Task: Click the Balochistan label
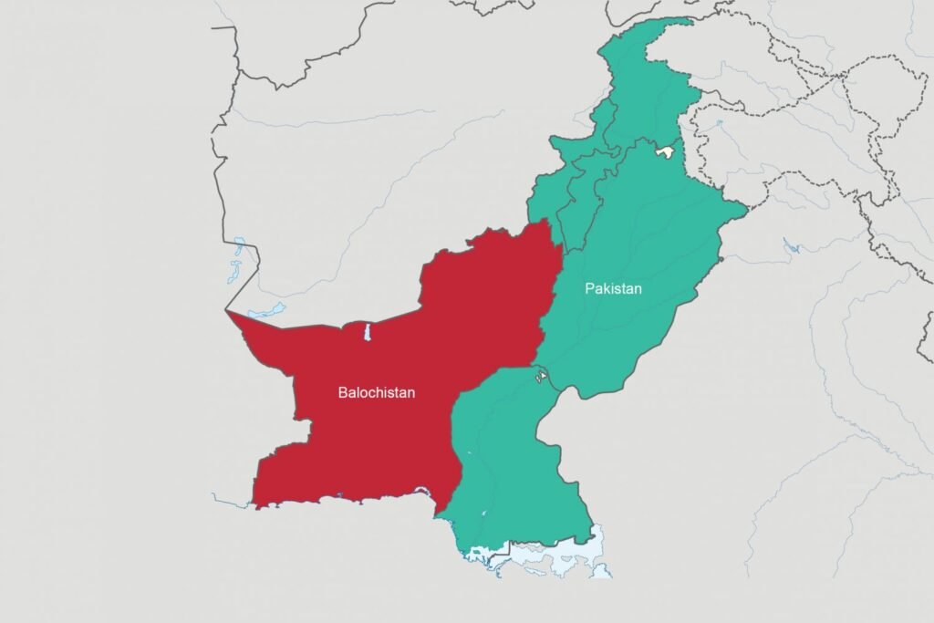(376, 393)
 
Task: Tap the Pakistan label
(613, 288)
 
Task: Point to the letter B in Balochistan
(342, 393)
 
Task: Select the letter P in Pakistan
(589, 288)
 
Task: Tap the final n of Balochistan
(411, 393)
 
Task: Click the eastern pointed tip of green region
(747, 212)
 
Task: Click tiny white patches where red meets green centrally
(541, 373)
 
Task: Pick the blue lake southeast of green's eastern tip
(790, 244)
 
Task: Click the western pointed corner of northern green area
(550, 139)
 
